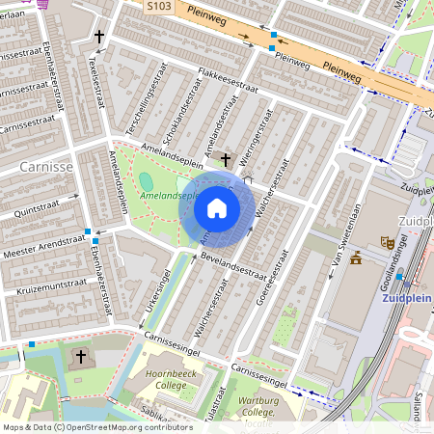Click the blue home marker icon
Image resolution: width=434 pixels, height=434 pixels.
(217, 207)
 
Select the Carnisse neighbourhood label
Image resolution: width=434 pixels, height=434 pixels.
(44, 167)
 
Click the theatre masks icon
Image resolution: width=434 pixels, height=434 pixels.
(387, 241)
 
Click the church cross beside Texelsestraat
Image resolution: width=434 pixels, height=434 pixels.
(99, 38)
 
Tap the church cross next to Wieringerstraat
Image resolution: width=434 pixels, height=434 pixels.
(226, 159)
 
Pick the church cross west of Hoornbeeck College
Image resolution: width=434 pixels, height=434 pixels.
(81, 357)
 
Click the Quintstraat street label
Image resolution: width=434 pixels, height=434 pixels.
(38, 204)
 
